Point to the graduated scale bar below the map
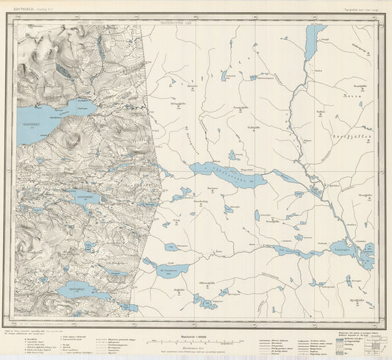[x=196, y=336]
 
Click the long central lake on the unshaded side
[x=228, y=176]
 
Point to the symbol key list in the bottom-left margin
[x=44, y=340]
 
